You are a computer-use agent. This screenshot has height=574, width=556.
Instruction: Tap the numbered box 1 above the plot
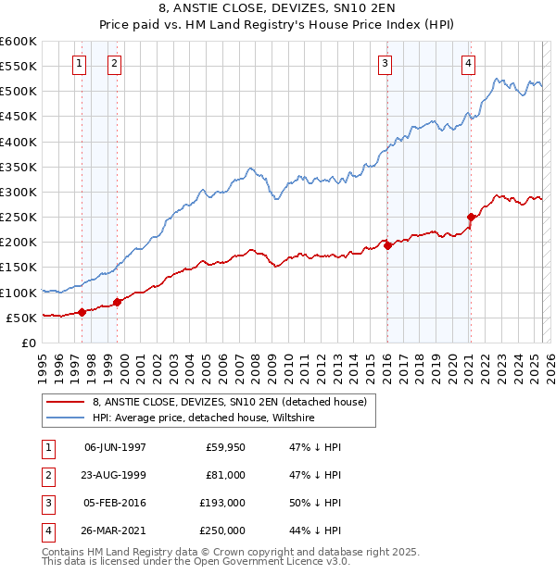click(79, 64)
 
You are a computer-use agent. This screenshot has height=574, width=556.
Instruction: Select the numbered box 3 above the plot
click(385, 64)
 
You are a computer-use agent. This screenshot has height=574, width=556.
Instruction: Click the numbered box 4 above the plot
click(469, 64)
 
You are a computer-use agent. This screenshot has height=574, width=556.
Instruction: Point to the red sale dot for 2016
click(387, 245)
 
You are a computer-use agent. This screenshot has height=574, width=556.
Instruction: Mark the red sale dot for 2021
click(472, 218)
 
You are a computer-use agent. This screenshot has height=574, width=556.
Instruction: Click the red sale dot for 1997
click(82, 312)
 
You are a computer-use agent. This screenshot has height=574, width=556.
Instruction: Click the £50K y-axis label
click(22, 318)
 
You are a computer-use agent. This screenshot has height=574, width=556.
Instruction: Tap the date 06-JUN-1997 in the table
click(115, 447)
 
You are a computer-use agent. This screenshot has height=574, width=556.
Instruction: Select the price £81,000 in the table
click(225, 475)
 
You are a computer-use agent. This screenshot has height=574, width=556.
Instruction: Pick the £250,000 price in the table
click(222, 530)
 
